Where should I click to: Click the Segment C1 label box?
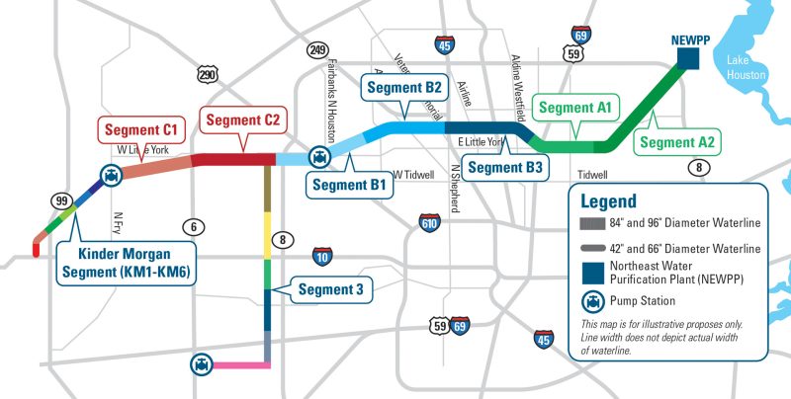pos(141,129)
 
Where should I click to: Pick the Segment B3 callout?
pos(504,168)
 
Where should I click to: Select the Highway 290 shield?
pos(207,74)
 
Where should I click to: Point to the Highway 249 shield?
pos(317,49)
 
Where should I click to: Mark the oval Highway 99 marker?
pos(62,200)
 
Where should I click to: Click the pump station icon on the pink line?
pos(202,364)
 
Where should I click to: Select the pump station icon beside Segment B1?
pos(318,157)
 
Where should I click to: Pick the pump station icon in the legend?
pos(591,300)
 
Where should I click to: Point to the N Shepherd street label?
pos(457,185)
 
